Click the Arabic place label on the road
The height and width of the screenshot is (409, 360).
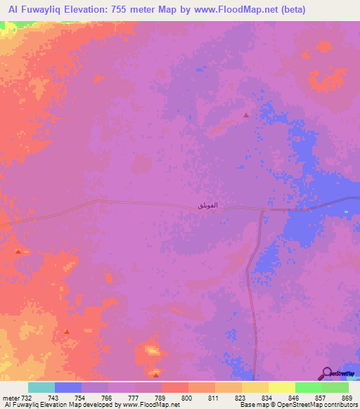coord(208,204)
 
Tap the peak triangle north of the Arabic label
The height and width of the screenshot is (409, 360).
coord(245,115)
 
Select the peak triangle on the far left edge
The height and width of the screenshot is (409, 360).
coord(18,250)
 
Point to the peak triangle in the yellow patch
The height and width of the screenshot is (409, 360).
coord(155,373)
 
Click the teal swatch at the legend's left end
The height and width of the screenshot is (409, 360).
coord(41,387)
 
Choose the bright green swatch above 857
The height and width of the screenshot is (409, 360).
coord(309,387)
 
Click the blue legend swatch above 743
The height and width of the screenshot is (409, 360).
coord(68,387)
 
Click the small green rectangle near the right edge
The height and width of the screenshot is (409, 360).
coord(346,211)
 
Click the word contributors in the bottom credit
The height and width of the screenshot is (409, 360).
coord(340,405)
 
